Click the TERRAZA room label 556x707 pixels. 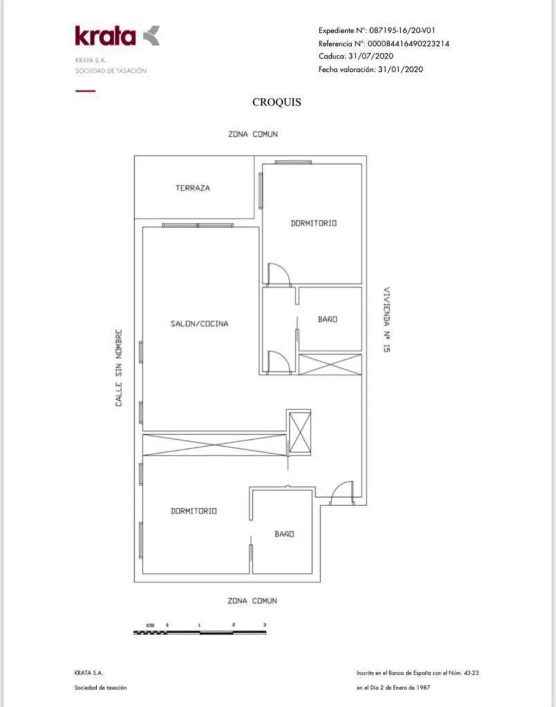coord(193,188)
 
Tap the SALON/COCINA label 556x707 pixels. coord(199,324)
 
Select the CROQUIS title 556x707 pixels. coord(277,102)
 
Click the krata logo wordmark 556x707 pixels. coord(105,36)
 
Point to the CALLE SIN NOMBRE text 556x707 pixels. coord(119,368)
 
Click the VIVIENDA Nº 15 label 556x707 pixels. coord(387,320)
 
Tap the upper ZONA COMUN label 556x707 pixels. coord(253,134)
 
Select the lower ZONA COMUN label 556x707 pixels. coord(252,601)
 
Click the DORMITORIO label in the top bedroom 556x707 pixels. coord(314,223)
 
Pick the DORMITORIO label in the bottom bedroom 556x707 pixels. coord(194,511)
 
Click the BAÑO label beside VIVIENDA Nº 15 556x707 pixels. coord(328,319)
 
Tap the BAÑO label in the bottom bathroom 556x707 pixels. coord(284,534)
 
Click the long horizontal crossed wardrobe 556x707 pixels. coord(215,445)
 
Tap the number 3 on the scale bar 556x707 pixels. coord(265,625)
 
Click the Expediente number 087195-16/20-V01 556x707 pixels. coord(402,31)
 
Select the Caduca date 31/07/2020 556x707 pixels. coord(371,56)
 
